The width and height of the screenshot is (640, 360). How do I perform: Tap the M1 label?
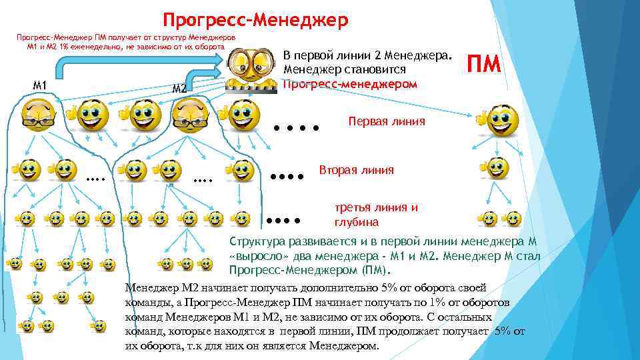[39, 85]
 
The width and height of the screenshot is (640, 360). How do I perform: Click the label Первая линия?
[386, 121]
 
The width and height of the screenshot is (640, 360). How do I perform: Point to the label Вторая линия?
[357, 170]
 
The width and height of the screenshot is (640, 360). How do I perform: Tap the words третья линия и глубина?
[376, 215]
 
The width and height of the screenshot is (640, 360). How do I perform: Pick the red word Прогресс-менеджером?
[350, 84]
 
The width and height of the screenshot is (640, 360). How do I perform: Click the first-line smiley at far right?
[501, 119]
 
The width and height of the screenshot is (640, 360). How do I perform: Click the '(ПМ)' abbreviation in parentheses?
[378, 272]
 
